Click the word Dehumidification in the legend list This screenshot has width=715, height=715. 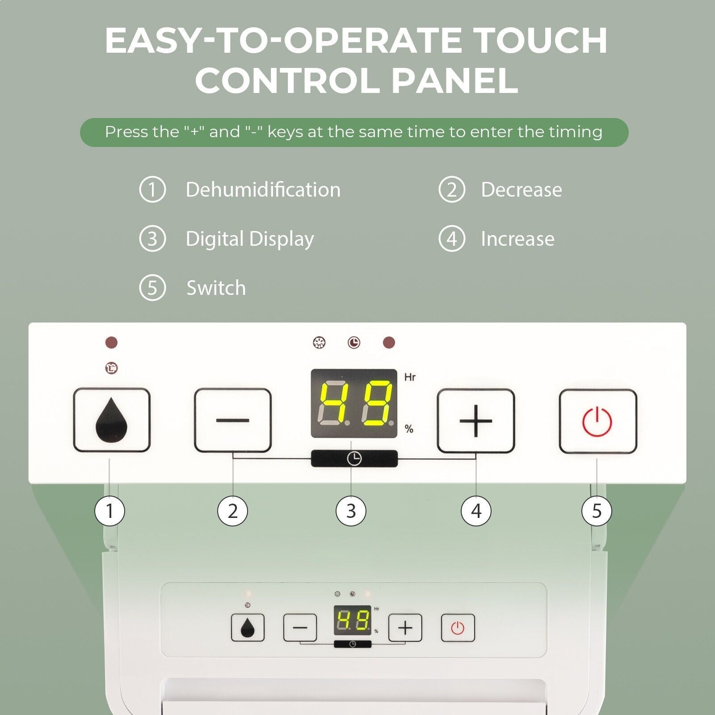(263, 189)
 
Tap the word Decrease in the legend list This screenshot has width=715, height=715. (522, 189)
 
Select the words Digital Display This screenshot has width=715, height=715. (250, 239)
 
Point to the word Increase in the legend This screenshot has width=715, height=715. (517, 239)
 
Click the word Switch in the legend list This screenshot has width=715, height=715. (216, 288)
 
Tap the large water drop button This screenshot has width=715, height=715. (112, 420)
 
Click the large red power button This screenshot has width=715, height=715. (598, 421)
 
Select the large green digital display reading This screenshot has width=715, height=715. (354, 404)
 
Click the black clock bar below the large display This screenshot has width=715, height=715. (354, 458)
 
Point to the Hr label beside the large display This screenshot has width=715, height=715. (410, 377)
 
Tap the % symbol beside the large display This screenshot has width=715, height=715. (409, 429)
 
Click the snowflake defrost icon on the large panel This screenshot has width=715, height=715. (319, 343)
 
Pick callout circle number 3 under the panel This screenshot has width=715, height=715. (351, 511)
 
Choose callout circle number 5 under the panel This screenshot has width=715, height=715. (597, 511)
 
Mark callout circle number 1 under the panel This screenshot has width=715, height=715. (109, 511)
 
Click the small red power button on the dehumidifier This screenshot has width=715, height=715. (458, 628)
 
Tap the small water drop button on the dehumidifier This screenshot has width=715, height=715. (248, 627)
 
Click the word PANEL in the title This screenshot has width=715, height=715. (454, 80)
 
